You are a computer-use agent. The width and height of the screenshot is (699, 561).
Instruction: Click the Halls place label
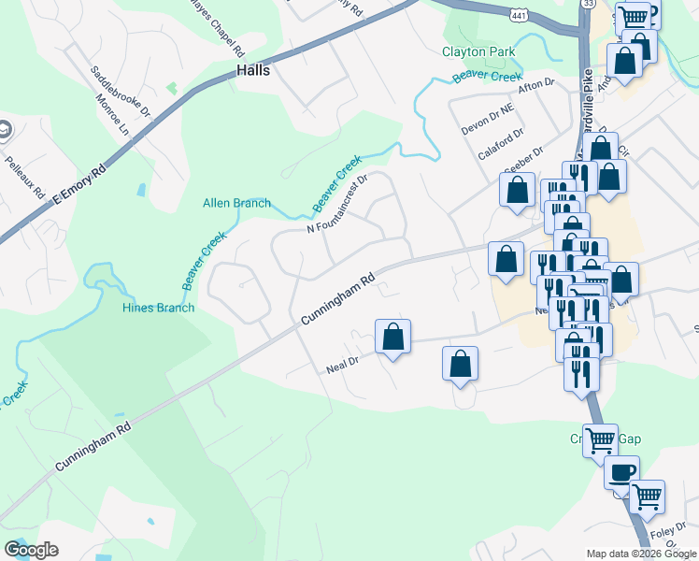tap(253, 70)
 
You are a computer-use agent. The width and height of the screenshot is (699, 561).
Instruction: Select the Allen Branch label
tap(237, 203)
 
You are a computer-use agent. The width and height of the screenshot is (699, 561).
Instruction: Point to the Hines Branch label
tap(159, 308)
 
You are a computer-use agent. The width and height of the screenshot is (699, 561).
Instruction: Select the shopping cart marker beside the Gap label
tap(600, 439)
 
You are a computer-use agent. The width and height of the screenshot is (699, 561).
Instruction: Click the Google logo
tap(31, 550)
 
